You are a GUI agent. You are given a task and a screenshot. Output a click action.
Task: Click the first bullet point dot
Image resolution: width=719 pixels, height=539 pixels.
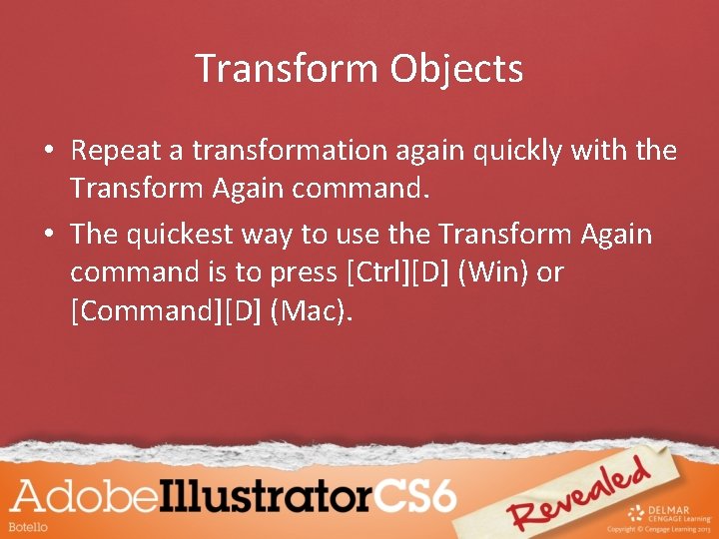point(47,152)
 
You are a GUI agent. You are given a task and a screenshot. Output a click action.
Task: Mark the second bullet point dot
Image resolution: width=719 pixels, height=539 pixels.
point(47,236)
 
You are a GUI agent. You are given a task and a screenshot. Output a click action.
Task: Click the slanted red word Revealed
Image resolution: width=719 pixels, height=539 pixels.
point(579,496)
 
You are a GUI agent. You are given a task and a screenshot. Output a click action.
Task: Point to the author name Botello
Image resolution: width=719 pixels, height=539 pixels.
point(29,526)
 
